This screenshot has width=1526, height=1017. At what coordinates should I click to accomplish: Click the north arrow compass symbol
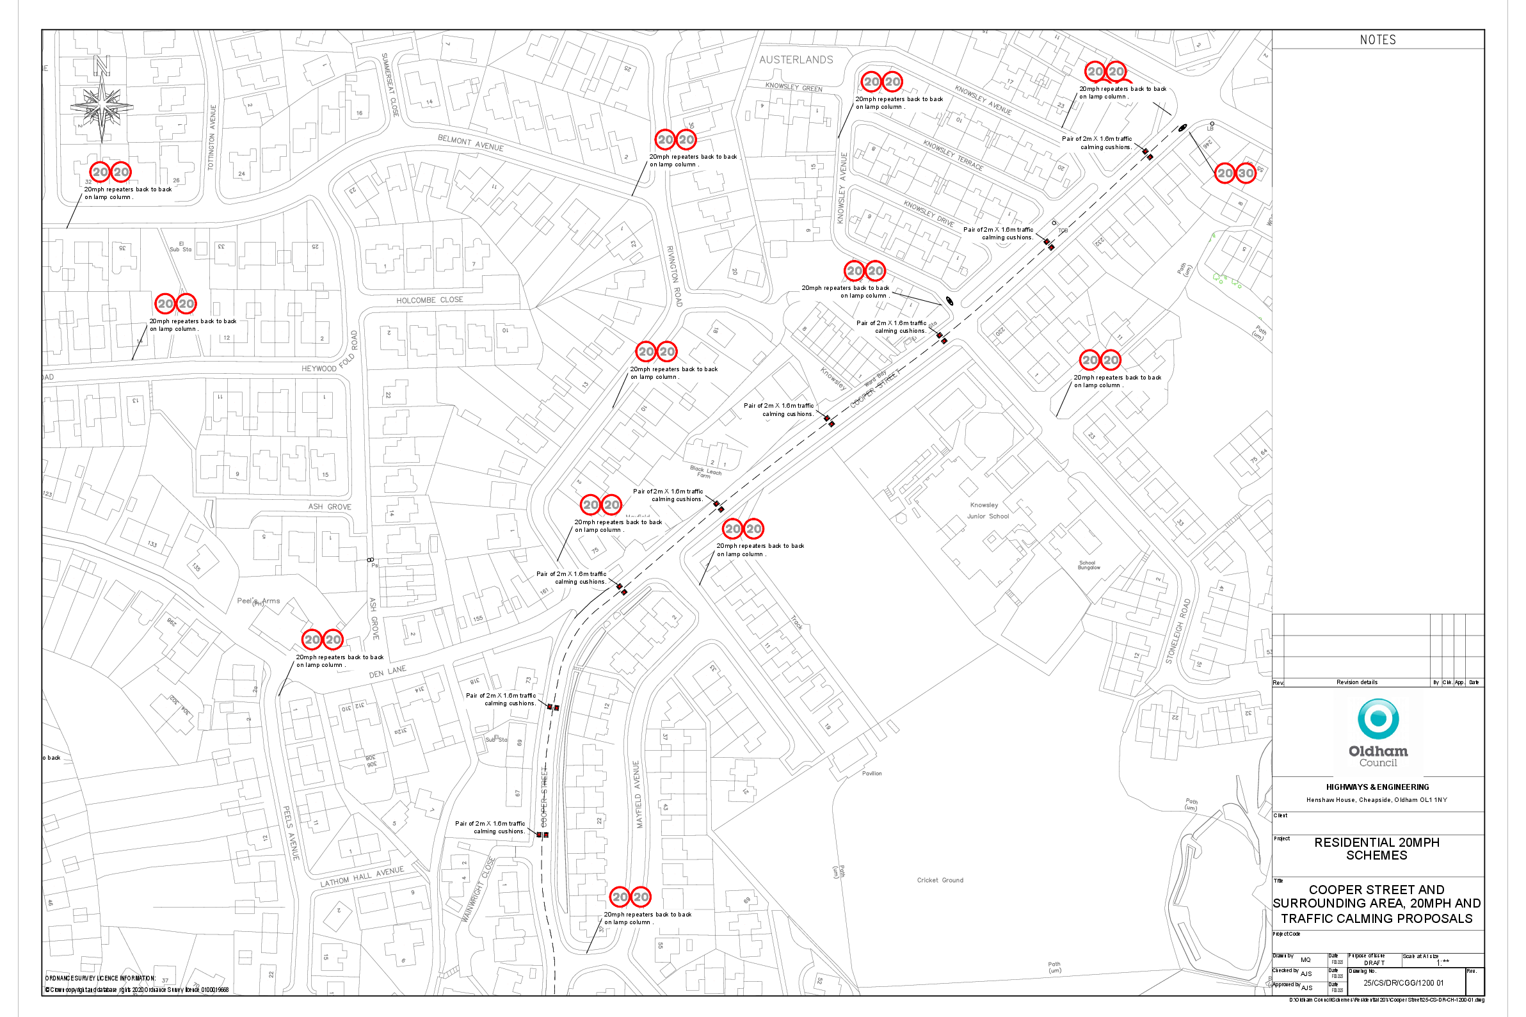(x=102, y=104)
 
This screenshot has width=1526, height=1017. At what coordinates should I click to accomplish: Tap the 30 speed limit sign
(x=1245, y=173)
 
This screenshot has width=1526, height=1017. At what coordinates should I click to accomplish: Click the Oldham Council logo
(x=1377, y=733)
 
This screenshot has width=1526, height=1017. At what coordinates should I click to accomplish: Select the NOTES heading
(x=1377, y=40)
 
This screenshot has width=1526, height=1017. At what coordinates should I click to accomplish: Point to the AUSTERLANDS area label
(x=796, y=60)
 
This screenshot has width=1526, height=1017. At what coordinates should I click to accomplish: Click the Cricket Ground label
(x=940, y=880)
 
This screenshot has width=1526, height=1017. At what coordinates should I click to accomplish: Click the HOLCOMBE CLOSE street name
(x=430, y=300)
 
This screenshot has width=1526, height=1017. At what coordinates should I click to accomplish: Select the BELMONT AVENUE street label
(x=470, y=143)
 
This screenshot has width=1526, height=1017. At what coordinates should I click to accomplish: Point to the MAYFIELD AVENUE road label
(x=638, y=794)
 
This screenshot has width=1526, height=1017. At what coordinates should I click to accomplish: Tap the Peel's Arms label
(x=258, y=600)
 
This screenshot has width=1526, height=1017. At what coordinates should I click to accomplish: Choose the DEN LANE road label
(x=388, y=671)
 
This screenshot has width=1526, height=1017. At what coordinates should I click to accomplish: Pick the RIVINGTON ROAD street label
(x=675, y=276)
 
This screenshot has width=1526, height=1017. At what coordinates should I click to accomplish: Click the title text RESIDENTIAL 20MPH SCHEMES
(x=1377, y=849)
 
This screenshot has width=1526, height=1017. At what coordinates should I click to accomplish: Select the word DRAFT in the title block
(x=1374, y=963)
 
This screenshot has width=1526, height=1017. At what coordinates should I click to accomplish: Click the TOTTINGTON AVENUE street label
(x=211, y=138)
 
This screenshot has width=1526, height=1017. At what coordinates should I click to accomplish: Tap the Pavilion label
(x=872, y=773)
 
